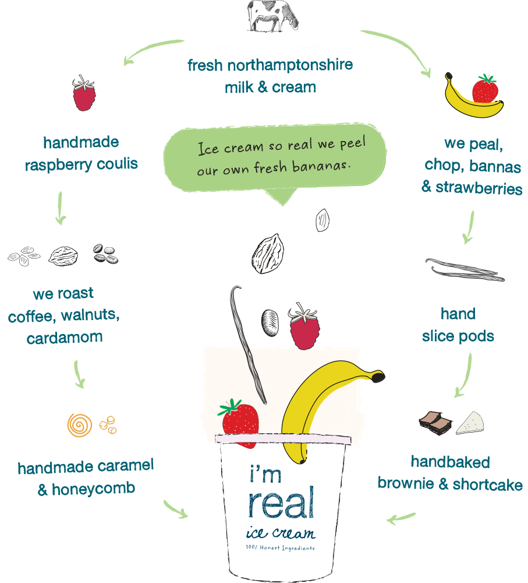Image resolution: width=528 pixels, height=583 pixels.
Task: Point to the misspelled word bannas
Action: pyautogui.click(x=496, y=166)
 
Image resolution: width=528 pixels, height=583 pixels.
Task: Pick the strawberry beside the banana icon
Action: pyautogui.click(x=485, y=88)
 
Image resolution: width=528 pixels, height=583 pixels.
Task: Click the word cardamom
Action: pyautogui.click(x=65, y=338)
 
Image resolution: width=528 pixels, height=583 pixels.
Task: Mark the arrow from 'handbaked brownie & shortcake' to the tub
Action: pyautogui.click(x=401, y=517)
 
